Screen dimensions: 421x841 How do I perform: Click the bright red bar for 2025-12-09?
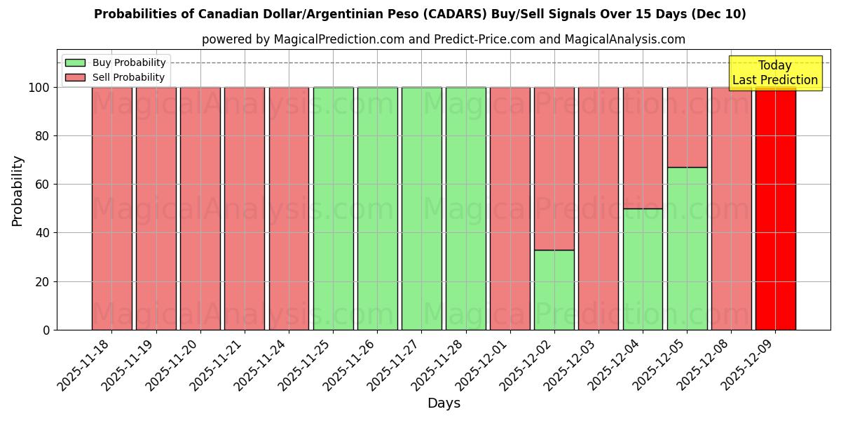coord(775,208)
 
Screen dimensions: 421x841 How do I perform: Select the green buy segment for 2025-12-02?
coord(554,290)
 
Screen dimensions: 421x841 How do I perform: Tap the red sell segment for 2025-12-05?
coord(687,127)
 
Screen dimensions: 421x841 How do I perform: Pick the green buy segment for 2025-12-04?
coord(643,269)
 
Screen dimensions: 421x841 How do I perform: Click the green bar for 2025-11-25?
coord(333,208)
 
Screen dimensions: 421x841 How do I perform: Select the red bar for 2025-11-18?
coord(111,208)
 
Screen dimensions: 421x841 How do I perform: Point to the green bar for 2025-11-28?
coord(465,208)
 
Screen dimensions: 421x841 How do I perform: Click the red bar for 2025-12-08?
coord(731,208)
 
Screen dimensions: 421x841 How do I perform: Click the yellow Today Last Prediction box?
coord(774,73)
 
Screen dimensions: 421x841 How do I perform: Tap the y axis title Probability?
coord(18,191)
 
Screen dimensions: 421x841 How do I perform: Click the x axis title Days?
coord(444,403)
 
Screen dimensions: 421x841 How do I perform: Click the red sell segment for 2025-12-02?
coord(554,168)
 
